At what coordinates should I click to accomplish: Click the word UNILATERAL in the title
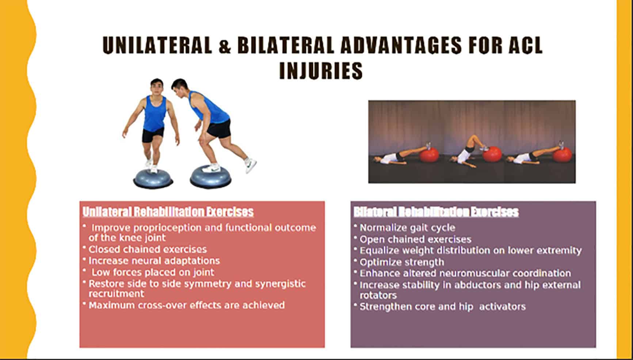157,46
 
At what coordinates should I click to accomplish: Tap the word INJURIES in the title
321,71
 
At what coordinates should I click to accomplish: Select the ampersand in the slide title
225,47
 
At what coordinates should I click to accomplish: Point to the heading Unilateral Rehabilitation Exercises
168,212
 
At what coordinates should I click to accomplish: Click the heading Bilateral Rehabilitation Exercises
436,212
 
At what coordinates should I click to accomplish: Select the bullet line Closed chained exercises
148,249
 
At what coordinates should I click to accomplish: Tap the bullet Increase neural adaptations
154,261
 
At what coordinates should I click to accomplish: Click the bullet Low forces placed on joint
153,272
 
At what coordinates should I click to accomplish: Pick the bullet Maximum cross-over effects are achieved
187,305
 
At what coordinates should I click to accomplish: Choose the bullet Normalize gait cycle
407,228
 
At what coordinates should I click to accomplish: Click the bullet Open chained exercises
415,240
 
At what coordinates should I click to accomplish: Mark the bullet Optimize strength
402,262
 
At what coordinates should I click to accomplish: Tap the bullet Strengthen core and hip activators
443,307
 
